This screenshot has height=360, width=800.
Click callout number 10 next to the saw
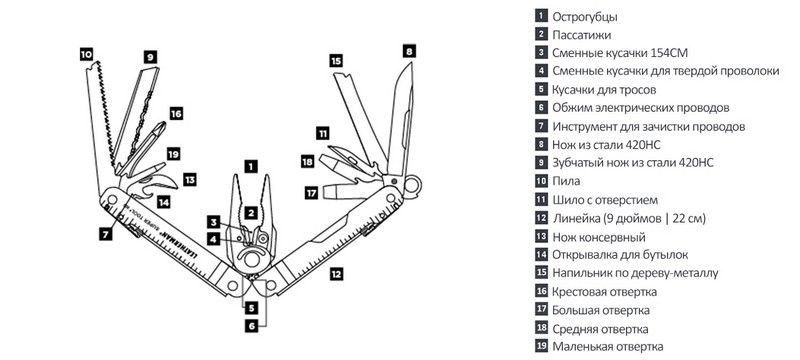[86, 54]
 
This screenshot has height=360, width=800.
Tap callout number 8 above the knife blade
[409, 51]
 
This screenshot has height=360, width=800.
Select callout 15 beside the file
[335, 61]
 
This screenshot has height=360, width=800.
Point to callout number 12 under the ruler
[336, 274]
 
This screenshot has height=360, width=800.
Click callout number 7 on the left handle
[106, 234]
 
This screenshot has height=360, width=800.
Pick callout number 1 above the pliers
[251, 166]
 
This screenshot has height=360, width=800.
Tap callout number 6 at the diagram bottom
[252, 325]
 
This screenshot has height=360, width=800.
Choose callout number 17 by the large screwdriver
[311, 193]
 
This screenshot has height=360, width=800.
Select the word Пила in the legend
[566, 181]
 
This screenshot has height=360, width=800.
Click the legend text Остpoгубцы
[585, 16]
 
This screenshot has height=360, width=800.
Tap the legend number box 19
[541, 346]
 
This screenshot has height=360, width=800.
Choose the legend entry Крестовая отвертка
[605, 292]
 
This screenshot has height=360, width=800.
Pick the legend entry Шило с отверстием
[605, 200]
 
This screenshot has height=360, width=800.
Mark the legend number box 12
[541, 218]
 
